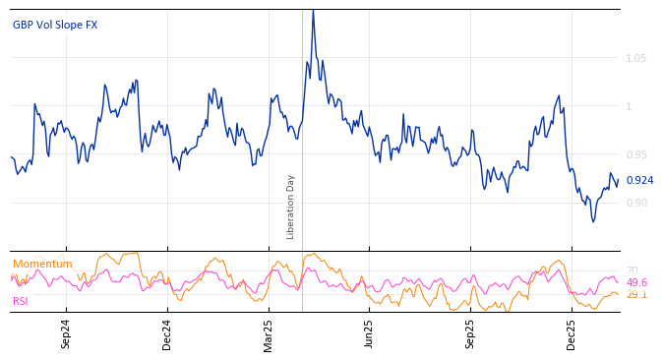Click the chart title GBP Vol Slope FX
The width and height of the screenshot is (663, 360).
pyautogui.click(x=55, y=25)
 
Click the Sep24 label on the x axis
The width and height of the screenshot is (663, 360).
pyautogui.click(x=66, y=334)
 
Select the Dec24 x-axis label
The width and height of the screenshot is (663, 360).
pyautogui.click(x=167, y=334)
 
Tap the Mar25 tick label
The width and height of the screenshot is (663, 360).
pyautogui.click(x=268, y=334)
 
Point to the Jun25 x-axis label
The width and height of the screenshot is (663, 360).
pyautogui.click(x=369, y=334)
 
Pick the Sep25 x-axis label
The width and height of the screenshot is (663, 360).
pyautogui.click(x=470, y=334)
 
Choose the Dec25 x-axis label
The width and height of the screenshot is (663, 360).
pyautogui.click(x=572, y=334)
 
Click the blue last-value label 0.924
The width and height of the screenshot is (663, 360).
pyautogui.click(x=639, y=180)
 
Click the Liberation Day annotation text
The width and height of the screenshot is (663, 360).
pyautogui.click(x=291, y=207)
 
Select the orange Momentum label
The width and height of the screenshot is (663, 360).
pyautogui.click(x=42, y=264)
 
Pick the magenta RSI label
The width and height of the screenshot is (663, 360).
pyautogui.click(x=21, y=301)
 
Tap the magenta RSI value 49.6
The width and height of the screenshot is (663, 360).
pyautogui.click(x=636, y=282)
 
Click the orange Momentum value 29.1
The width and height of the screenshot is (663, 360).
pyautogui.click(x=636, y=294)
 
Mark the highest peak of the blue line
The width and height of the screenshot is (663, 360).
pyautogui.click(x=313, y=11)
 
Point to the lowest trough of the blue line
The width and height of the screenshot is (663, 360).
pyautogui.click(x=593, y=221)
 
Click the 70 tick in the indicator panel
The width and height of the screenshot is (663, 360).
pyautogui.click(x=633, y=270)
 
